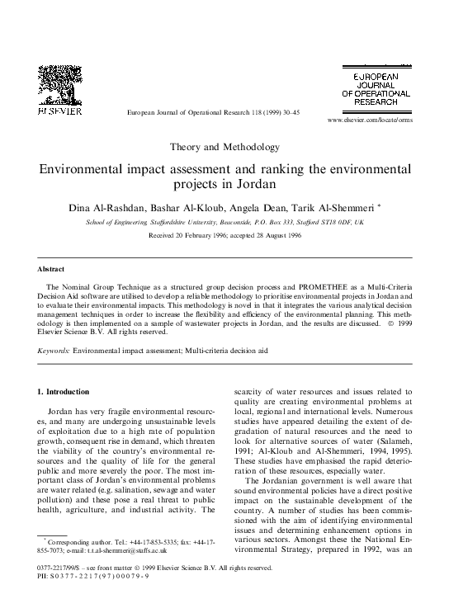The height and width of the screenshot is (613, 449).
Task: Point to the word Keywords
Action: (54, 350)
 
